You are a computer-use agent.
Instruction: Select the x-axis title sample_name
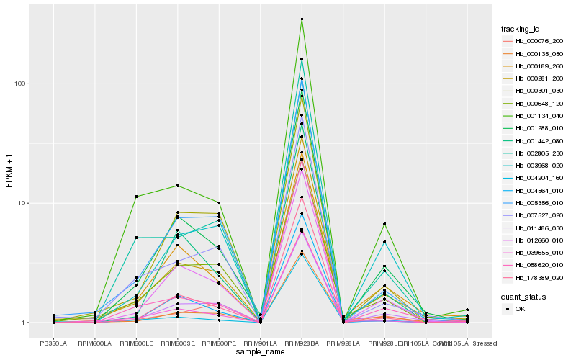pos(260,351)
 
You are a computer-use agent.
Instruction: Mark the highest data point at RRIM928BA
pos(302,19)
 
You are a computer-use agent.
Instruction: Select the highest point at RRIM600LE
pos(136,197)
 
